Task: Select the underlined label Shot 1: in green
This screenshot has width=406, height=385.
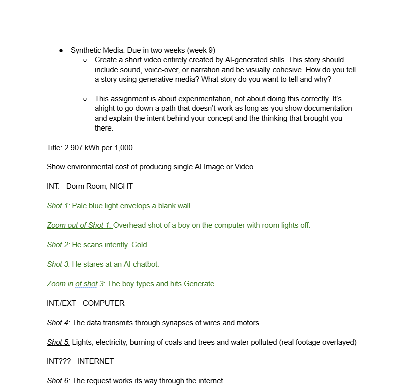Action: pos(58,206)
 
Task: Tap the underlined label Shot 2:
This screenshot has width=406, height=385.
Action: pos(58,245)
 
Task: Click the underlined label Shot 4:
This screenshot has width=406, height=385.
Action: pos(58,323)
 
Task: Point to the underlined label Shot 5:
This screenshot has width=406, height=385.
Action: pos(58,342)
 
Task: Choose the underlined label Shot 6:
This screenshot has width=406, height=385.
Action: pos(58,381)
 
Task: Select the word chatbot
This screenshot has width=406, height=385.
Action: pos(143,264)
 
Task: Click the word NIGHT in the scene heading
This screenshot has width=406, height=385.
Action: pos(121,186)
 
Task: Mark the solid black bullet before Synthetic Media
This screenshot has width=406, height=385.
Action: pos(61,50)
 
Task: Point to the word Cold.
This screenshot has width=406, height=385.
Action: pos(140,245)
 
